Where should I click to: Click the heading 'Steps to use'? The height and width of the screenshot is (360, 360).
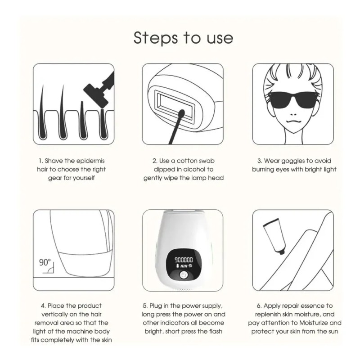183,38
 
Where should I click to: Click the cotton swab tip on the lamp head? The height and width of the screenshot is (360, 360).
182,113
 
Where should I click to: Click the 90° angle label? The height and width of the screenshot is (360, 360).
45,262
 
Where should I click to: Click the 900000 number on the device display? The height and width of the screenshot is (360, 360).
184,260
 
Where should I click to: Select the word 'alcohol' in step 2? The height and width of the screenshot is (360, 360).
195,169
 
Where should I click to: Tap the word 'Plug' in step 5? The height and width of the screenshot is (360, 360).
156,306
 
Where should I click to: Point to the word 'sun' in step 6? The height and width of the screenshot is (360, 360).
333,332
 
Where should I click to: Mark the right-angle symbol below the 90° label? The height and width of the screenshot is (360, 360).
49,270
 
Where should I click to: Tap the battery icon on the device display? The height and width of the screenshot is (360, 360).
177,266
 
